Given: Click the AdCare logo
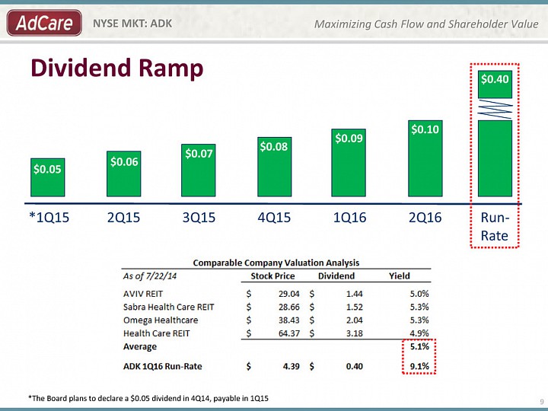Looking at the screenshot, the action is pos(44,23).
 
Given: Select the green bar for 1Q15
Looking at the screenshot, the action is pos(47,177).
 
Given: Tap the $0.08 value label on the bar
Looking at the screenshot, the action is pos(274,146).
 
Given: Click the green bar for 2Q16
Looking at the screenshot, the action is pos(425,158).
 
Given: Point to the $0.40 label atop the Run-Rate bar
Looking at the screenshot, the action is pos(495,79).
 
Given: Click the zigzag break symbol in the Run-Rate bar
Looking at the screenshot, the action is pos(495,109).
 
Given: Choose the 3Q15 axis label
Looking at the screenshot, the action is pos(199,218).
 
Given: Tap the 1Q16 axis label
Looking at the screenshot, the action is pos(349,218).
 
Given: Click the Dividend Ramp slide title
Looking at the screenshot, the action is pos(117,68).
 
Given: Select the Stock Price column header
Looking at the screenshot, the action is pos(272,276).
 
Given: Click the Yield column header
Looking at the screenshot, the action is pos(400,276).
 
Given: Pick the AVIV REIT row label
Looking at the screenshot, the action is pos(143,294).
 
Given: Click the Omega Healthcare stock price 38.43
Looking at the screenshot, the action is pos(289,320).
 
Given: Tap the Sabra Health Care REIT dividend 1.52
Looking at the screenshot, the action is pos(355,307).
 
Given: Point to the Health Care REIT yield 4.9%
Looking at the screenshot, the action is pos(419,333).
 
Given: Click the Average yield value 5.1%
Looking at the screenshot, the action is pos(419,346).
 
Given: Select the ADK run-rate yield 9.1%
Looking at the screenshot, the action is pos(419,366).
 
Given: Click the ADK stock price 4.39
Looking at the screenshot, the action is pos(291,366).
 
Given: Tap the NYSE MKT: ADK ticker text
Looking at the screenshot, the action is pos(132,24).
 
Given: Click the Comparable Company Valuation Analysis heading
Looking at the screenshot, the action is pos(276,263).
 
